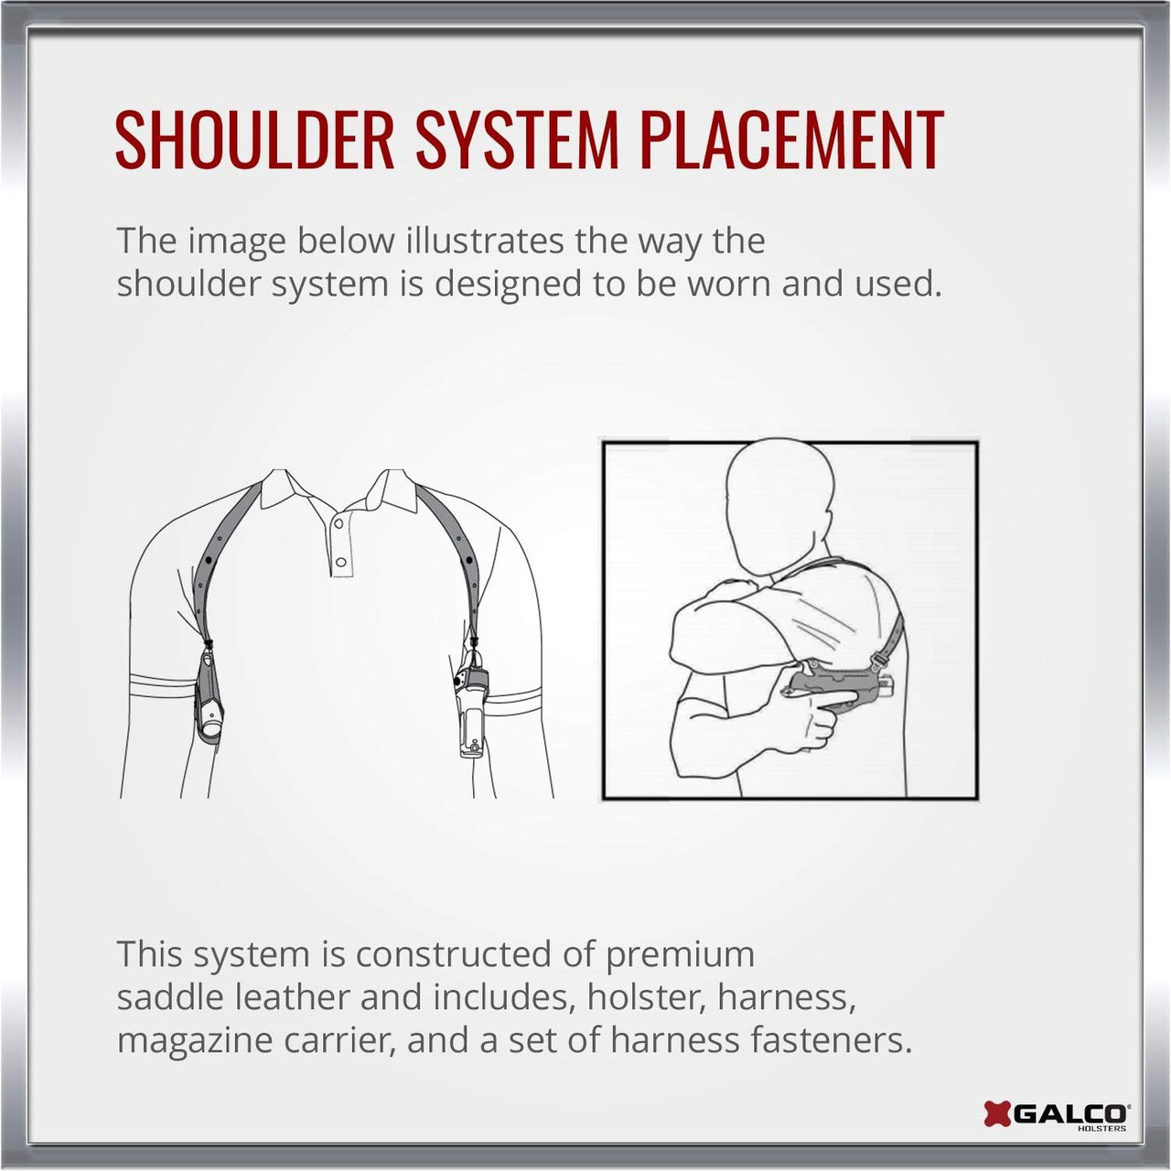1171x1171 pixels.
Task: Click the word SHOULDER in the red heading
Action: pos(254,139)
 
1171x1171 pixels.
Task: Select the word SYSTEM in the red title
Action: pos(517,139)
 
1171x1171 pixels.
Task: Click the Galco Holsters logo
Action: pos(1056,1114)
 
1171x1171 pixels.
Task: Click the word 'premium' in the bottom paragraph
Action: pos(680,955)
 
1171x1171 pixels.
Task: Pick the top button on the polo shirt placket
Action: pos(339,523)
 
